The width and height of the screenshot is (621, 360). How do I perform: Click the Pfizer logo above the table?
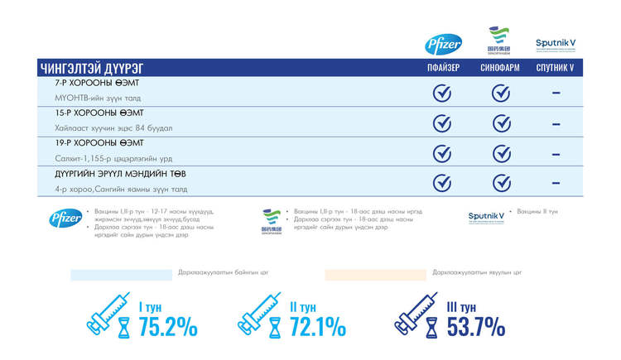coord(438,45)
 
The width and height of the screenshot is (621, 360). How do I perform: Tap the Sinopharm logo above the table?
coord(498,41)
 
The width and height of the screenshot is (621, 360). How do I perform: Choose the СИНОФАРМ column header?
coord(500,68)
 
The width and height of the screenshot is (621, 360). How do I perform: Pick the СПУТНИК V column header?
coord(555,68)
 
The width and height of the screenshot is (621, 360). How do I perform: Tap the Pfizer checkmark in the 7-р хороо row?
coord(443,93)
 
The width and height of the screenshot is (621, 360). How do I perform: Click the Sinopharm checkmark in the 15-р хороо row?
coord(500,122)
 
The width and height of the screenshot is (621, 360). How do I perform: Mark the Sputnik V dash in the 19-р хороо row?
coord(556,152)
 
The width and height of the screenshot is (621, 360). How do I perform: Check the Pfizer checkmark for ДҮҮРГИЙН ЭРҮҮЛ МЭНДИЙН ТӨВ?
coord(443,182)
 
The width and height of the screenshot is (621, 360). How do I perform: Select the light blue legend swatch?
coord(120,274)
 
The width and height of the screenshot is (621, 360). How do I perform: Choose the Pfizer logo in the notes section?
coord(65,218)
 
